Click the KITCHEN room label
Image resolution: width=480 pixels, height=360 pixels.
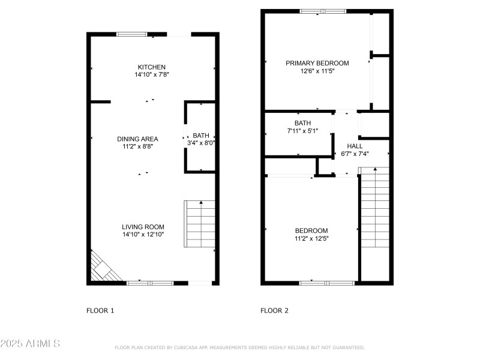tap(151, 67)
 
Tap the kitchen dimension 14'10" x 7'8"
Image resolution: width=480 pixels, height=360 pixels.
tap(151, 75)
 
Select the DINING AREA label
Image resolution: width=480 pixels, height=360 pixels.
tap(137, 139)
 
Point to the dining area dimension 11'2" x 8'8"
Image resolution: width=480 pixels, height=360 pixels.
tap(137, 147)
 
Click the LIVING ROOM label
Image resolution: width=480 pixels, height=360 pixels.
tap(143, 227)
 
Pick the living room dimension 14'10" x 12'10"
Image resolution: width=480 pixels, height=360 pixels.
tap(143, 235)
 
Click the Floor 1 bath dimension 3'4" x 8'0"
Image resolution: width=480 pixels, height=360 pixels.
tap(201, 143)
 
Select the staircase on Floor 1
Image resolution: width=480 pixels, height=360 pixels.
tap(199, 224)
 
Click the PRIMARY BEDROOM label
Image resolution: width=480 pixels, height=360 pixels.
tap(317, 63)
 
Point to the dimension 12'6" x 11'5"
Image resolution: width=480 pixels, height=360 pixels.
tap(317, 71)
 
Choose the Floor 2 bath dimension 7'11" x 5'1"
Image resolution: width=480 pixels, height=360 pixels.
tap(302, 131)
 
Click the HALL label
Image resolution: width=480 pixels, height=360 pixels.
tap(355, 146)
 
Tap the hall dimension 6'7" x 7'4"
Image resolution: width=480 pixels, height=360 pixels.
tap(355, 154)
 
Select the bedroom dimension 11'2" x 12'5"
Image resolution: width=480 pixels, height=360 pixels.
tap(311, 239)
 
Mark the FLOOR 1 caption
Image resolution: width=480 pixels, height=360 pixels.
tap(100, 311)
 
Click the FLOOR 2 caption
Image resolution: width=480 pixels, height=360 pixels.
tap(274, 311)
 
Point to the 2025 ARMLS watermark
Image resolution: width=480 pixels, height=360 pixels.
tap(30, 344)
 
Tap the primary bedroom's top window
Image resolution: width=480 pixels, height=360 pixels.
tap(323, 11)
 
